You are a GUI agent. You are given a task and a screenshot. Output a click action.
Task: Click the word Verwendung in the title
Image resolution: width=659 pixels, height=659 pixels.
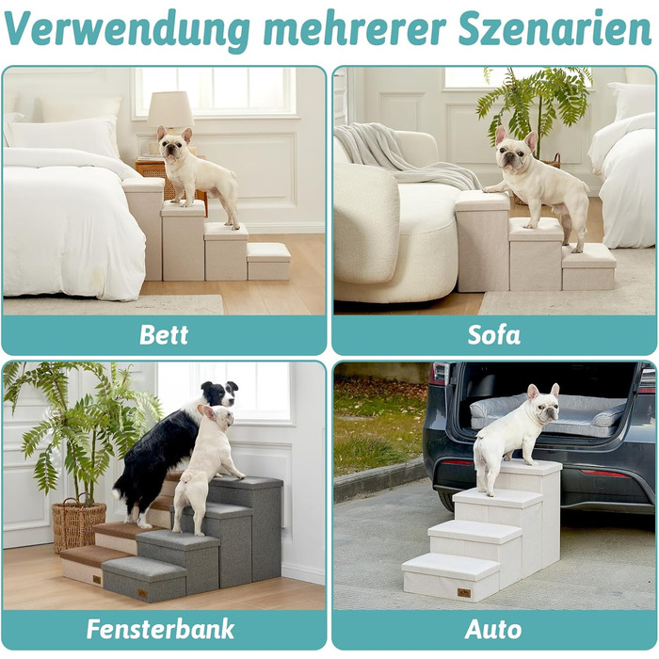click(127, 29)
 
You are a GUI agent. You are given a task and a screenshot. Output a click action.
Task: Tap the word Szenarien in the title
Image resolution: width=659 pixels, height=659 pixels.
click(555, 27)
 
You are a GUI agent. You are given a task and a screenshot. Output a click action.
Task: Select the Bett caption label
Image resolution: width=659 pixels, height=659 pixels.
click(164, 335)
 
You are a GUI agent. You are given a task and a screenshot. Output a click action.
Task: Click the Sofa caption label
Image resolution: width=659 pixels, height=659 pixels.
click(494, 335)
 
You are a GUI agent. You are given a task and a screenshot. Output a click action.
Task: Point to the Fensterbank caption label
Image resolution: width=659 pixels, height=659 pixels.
click(160, 629)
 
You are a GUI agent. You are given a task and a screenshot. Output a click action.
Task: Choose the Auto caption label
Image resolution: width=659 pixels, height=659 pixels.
click(493, 630)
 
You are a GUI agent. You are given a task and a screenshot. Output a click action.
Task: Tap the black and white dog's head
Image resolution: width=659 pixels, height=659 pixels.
click(219, 394)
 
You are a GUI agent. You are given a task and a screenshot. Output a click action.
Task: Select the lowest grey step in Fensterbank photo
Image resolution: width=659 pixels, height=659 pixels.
click(144, 579)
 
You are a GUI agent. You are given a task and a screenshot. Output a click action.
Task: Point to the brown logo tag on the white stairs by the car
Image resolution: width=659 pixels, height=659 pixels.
click(463, 593)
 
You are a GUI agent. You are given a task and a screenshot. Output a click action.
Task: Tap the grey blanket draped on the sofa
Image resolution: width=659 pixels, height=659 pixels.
click(404, 155)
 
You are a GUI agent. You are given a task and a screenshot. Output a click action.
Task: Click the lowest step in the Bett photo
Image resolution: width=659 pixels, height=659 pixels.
click(268, 261)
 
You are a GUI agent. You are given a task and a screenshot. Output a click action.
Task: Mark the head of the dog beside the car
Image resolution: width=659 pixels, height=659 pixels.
click(543, 403)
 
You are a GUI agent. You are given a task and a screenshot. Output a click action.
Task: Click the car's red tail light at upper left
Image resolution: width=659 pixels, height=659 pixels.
click(440, 375)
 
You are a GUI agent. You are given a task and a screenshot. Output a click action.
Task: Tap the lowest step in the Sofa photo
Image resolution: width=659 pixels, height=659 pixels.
click(588, 266)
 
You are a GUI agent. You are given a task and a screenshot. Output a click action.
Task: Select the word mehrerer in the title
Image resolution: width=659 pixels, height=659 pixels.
click(354, 28)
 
